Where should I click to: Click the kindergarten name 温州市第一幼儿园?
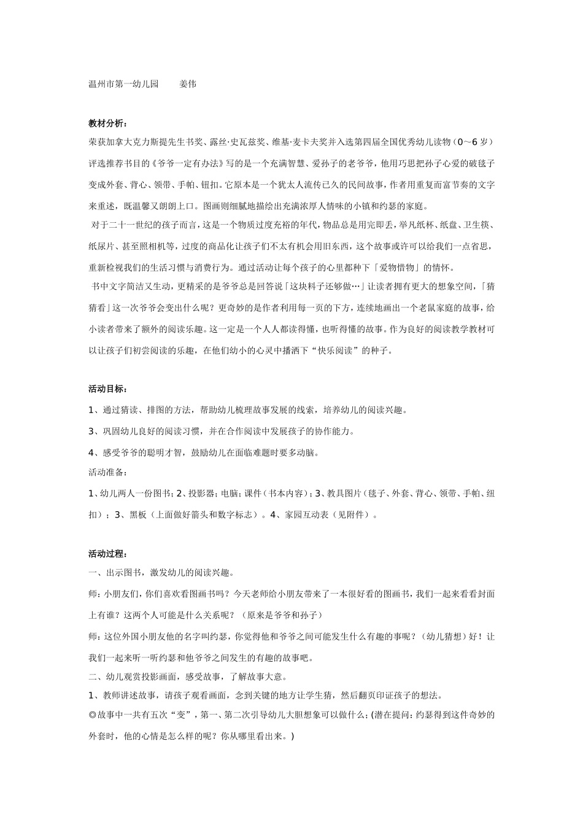123,84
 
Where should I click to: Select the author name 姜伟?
188,84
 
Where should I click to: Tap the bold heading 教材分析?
107,124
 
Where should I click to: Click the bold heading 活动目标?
107,389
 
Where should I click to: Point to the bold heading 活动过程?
107,554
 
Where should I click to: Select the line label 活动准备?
107,473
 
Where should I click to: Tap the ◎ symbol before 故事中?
92,715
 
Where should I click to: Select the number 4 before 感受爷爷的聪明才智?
91,453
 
